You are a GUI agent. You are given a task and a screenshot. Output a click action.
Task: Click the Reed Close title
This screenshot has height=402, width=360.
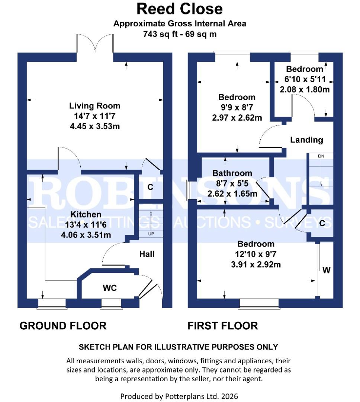pos(180,9)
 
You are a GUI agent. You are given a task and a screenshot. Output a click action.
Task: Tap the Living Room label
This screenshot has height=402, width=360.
pos(94,106)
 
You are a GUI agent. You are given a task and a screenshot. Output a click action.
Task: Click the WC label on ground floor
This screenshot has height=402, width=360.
pos(110,288)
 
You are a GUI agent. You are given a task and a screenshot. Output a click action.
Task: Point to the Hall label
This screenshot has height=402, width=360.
pos(147,254)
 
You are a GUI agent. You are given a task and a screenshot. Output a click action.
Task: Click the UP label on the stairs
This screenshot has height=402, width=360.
pos(151,234)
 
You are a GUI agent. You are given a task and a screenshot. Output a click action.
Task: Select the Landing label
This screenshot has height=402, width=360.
pos(306,140)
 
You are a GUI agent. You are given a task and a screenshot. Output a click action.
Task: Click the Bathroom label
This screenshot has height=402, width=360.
pos(232,173)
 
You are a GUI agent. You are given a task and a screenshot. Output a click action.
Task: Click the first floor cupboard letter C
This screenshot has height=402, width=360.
pos(322,223)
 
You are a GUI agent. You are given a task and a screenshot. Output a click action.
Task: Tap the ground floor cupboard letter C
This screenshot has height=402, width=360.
pos(150,187)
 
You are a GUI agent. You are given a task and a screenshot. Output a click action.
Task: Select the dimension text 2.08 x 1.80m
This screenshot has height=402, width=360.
pos(305,89)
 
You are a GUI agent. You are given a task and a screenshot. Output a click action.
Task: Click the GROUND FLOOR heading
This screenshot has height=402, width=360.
pos(63,326)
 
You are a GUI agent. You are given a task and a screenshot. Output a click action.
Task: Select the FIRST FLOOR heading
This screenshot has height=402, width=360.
pos(222,326)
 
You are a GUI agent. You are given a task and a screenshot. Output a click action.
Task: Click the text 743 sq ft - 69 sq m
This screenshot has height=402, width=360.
pos(180,34)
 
